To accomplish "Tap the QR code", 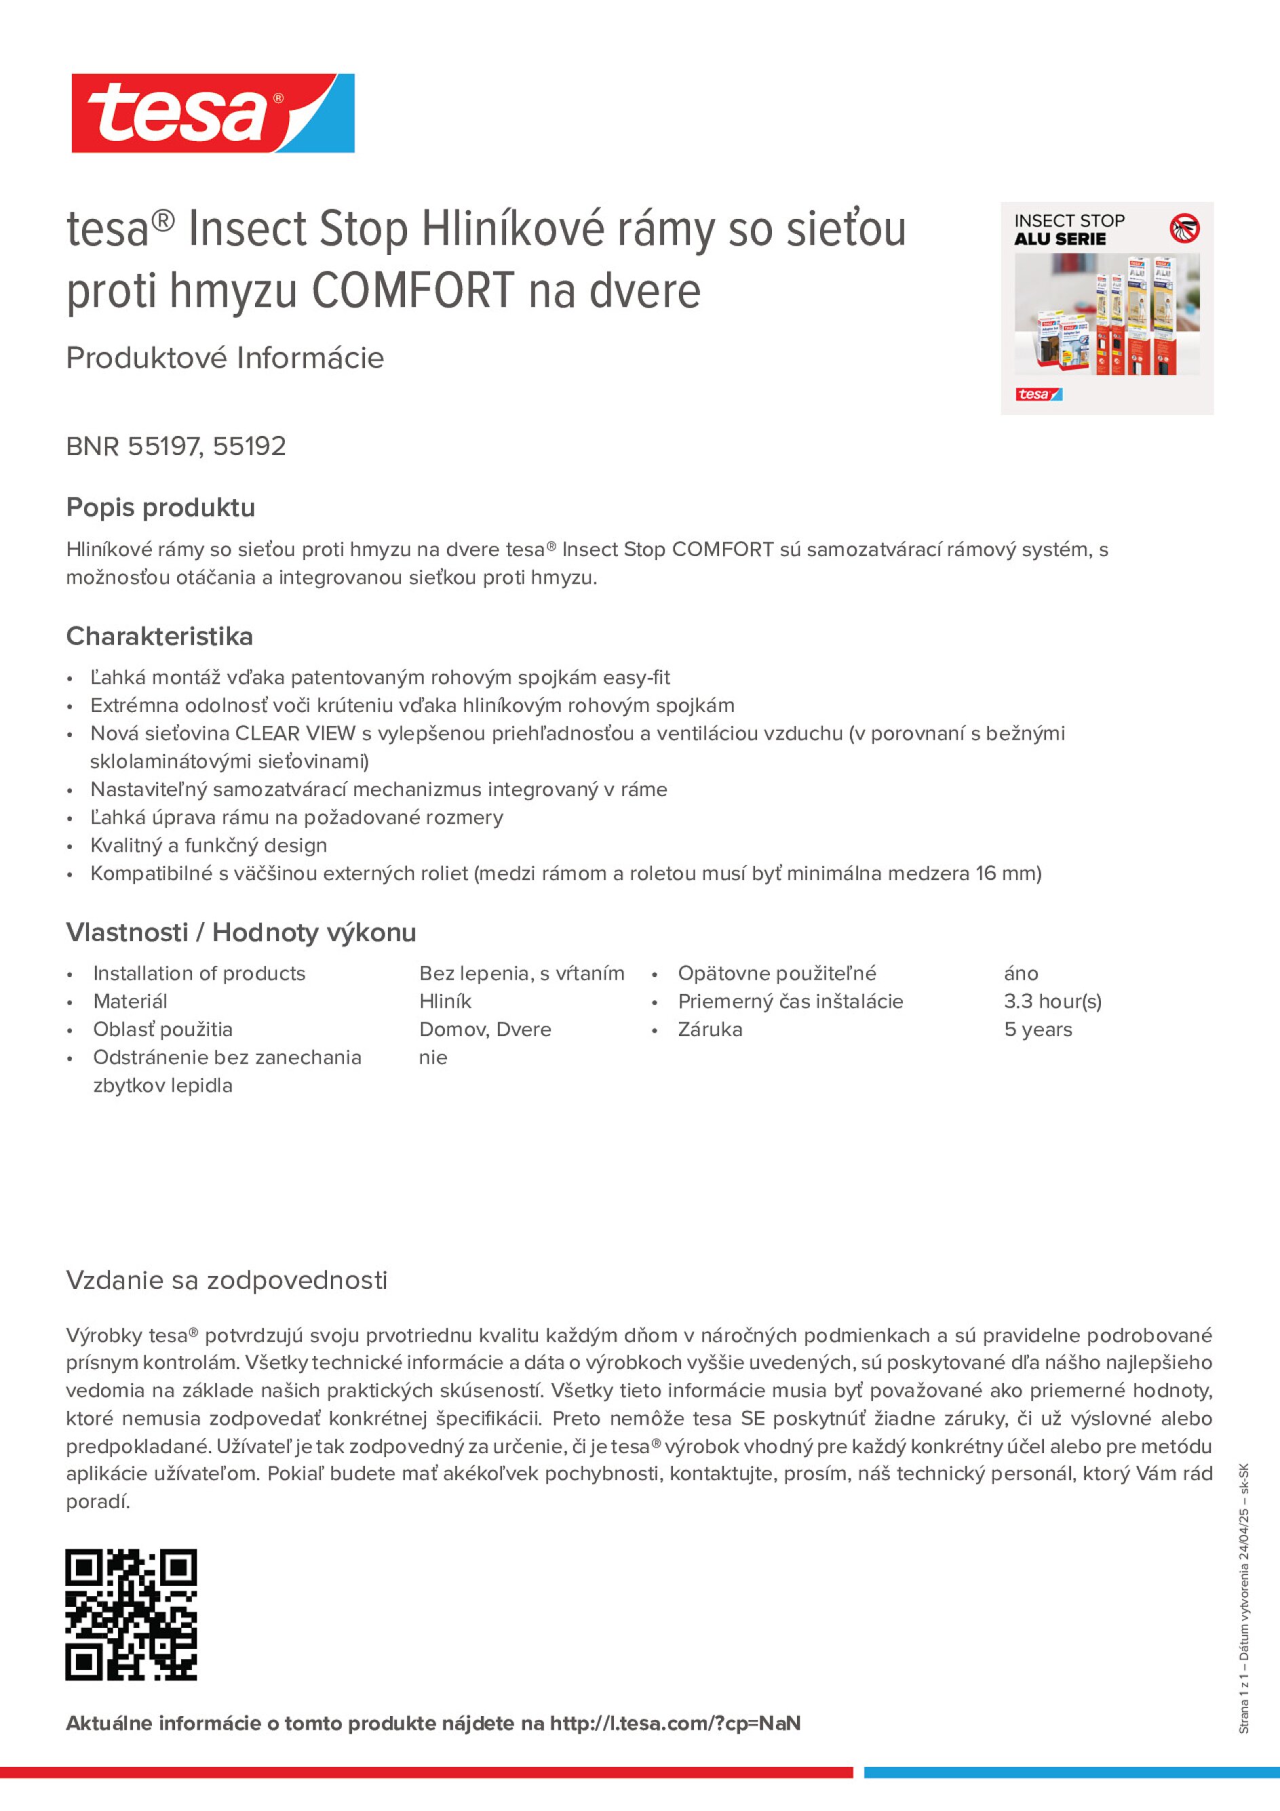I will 131,1614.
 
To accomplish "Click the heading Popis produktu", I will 160,507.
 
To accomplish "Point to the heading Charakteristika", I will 159,636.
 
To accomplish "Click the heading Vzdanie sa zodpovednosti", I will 227,1279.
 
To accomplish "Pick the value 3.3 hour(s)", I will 1052,1001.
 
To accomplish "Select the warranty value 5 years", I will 1038,1029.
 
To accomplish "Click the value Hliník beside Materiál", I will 445,1001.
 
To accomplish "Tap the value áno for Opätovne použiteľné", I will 1020,974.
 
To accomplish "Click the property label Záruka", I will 710,1029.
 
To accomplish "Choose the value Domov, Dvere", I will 484,1029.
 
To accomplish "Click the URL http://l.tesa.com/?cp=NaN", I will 675,1724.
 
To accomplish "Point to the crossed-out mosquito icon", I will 1184,228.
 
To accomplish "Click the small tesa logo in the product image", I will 1039,395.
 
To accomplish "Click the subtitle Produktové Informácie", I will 225,358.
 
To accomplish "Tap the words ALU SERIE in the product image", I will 1060,239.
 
